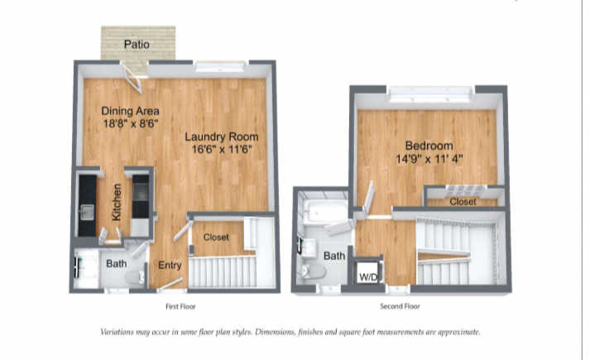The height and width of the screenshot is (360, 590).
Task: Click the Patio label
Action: click(x=137, y=45)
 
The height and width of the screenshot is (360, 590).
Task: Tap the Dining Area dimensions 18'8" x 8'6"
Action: click(x=131, y=123)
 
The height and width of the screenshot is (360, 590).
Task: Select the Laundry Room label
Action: click(x=222, y=137)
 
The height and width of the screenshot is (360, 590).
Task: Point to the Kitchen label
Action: click(x=117, y=202)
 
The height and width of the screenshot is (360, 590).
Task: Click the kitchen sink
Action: click(x=87, y=212)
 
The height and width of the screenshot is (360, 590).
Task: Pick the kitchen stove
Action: click(x=141, y=190)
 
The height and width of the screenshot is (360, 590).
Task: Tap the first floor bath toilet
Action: click(x=134, y=277)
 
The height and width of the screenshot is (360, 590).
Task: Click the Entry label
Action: click(x=170, y=265)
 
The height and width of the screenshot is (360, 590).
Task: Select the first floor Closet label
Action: click(x=216, y=238)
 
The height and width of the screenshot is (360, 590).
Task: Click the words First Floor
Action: click(x=180, y=306)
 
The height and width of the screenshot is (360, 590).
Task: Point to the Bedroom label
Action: click(x=429, y=146)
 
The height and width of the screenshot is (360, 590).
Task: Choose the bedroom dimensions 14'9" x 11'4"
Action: click(x=429, y=159)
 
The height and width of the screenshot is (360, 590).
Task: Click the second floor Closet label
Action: click(x=463, y=202)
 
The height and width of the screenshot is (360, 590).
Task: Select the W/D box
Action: click(x=367, y=271)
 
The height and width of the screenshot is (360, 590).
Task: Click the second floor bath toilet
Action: click(x=314, y=271)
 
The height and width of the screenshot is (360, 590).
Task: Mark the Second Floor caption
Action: click(x=400, y=306)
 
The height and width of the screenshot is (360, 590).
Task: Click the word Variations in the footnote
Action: click(x=117, y=332)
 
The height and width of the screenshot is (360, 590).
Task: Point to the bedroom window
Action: click(x=430, y=94)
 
